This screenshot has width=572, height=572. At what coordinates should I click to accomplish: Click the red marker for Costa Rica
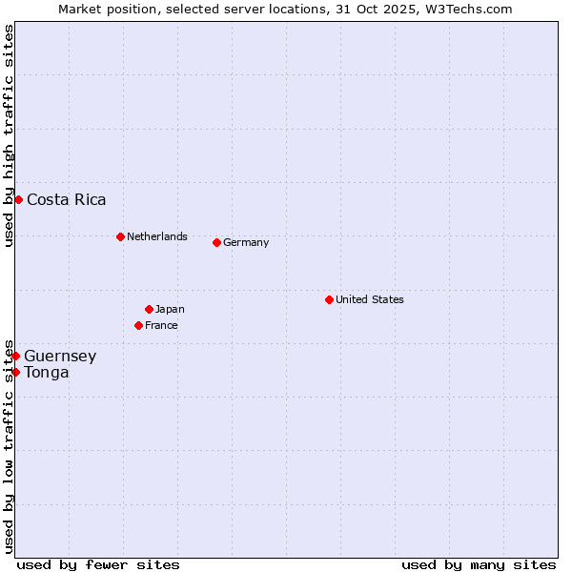pos(18,199)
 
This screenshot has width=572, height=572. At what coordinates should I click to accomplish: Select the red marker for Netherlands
pos(120,236)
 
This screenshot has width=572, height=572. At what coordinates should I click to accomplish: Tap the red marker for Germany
pos(216,242)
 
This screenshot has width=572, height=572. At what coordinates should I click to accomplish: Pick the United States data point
pos(329,299)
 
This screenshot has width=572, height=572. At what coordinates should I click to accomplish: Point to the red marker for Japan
pos(149,309)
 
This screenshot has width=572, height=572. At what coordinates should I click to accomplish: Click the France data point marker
pos(138,325)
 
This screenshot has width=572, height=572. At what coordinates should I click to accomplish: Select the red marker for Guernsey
pos(15,356)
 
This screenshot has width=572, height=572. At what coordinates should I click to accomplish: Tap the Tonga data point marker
pos(15,372)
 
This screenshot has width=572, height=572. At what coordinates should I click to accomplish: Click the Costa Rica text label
pos(67,199)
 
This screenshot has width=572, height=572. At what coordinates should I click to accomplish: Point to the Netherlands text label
pos(157,236)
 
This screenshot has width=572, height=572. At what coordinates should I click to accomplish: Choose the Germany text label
pos(246,242)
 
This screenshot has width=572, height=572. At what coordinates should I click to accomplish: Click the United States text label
pos(370,299)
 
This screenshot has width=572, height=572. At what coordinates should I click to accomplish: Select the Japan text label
pos(170,309)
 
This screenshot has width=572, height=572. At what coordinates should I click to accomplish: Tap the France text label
pos(161,325)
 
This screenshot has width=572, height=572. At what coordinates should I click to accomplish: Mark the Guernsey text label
pos(60,356)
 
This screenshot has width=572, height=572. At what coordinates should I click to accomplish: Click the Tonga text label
pos(47,372)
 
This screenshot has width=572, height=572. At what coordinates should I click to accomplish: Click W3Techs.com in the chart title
pos(467,9)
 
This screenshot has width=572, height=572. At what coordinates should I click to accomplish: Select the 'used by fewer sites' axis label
pos(98,564)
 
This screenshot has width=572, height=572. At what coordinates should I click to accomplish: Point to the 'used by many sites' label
pos(479,564)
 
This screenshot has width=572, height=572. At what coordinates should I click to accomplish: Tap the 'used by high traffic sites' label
pos(9,135)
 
